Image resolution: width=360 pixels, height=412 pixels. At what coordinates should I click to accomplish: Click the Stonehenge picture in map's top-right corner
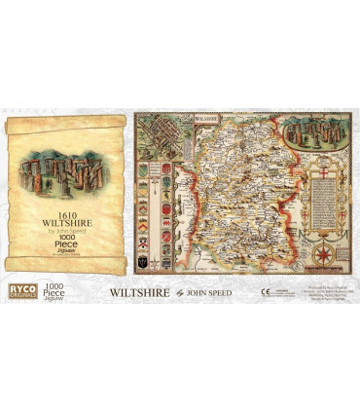315,142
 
